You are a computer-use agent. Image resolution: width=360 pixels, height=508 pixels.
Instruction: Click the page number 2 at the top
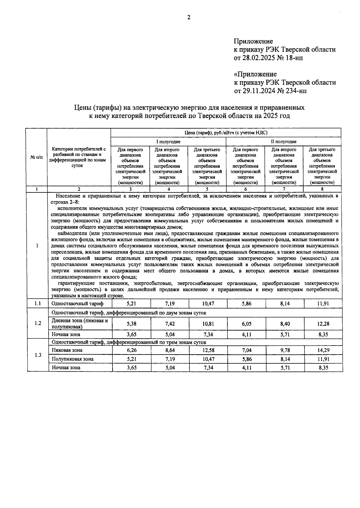coord(189,17)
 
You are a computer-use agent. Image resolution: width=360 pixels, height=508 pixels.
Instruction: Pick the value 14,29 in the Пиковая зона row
coord(323,350)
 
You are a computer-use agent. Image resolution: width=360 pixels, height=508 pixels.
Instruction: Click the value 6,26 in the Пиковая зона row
coord(132,350)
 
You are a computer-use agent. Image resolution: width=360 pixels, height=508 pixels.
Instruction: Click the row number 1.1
coord(37,304)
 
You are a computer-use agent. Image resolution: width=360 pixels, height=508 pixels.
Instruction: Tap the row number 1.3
coord(37,355)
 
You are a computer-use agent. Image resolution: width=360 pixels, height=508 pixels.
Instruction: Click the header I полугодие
coord(168,141)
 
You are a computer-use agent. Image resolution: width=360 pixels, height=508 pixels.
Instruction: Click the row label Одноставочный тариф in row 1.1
coord(77,304)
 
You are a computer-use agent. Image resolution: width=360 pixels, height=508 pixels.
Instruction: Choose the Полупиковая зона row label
coord(73,359)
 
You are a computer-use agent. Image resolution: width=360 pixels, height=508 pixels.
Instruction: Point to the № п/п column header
coord(36,157)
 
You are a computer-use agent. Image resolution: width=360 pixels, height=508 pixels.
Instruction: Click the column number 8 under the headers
coord(322,189)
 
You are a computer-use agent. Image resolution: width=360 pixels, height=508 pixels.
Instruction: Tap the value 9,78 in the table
coord(284,350)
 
